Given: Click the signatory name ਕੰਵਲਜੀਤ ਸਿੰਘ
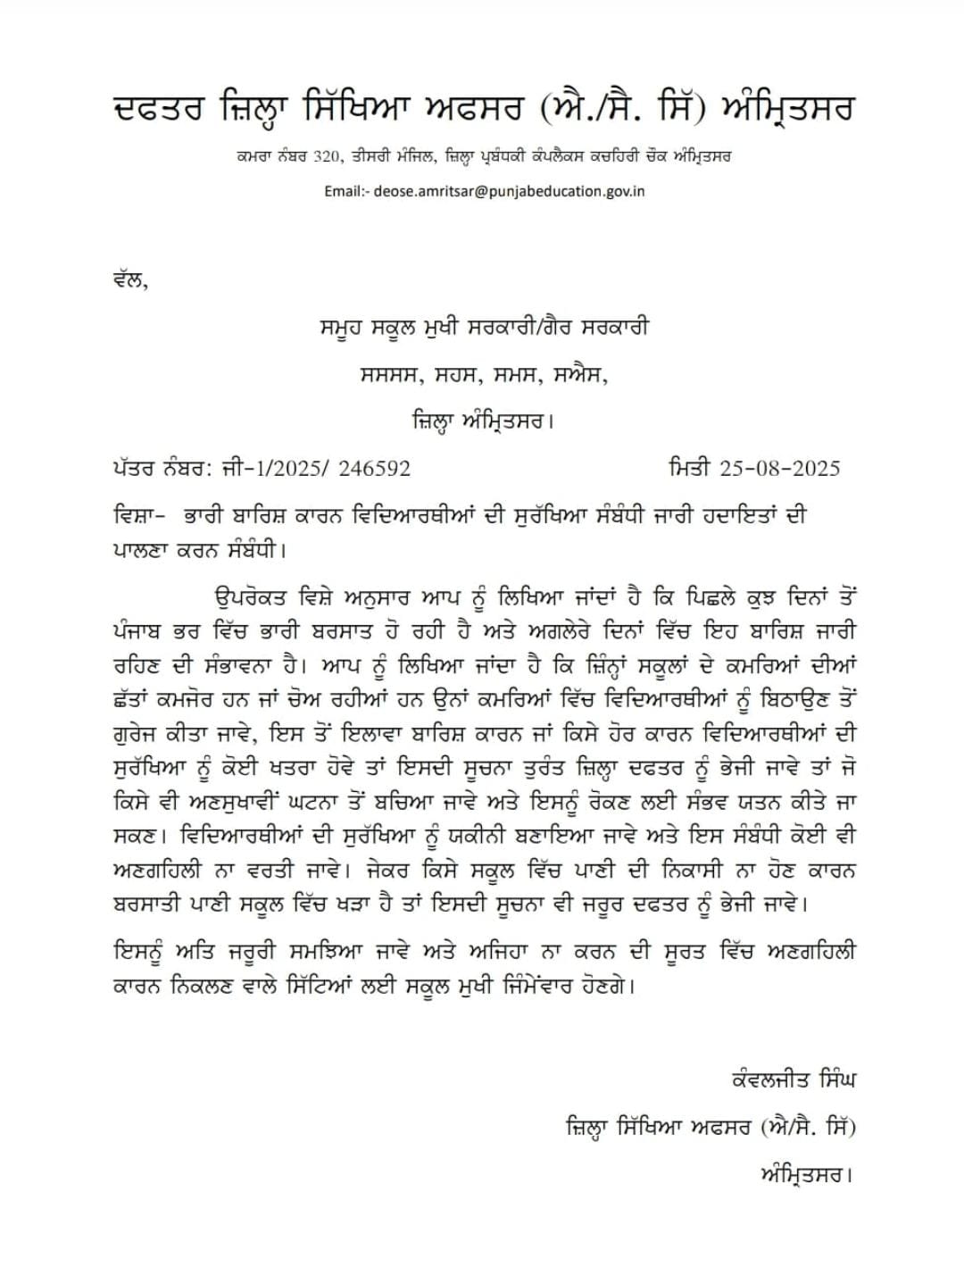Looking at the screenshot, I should (793, 1080).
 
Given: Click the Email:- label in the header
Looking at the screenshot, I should (346, 191).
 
